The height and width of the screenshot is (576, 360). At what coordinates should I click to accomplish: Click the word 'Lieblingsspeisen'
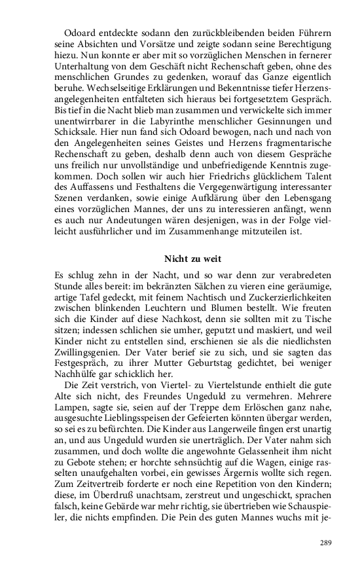153,410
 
